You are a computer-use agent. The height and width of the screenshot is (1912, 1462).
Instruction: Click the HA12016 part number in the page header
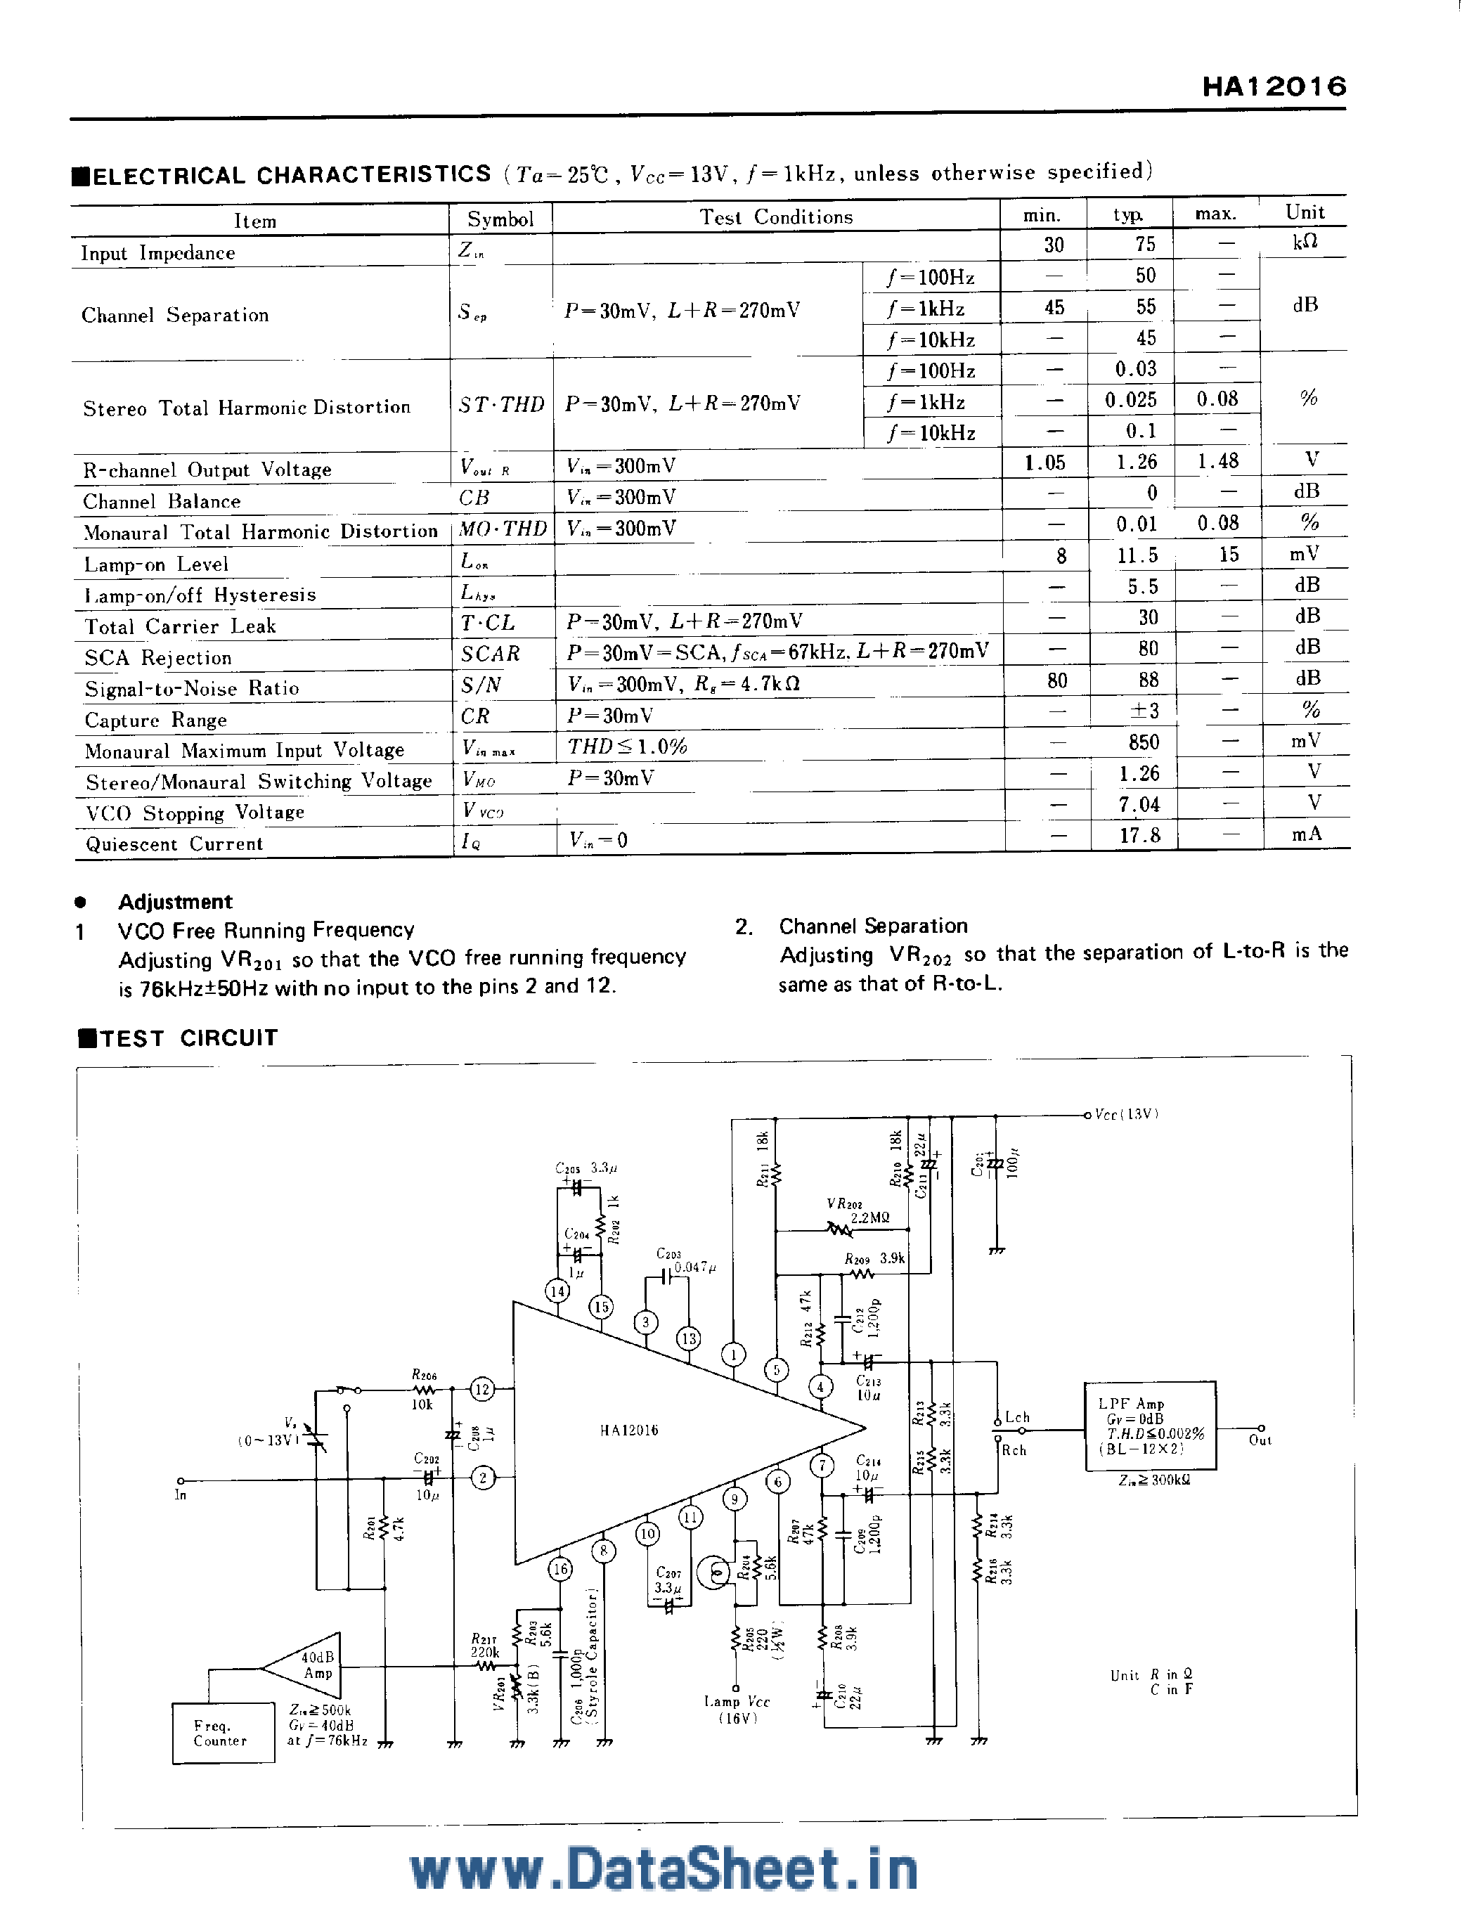click(x=1274, y=86)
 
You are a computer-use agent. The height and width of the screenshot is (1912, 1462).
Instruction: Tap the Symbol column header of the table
click(x=500, y=219)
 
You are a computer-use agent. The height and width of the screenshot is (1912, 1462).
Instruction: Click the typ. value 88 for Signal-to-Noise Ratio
click(x=1148, y=680)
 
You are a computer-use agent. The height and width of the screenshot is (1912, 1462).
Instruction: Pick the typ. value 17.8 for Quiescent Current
click(x=1139, y=836)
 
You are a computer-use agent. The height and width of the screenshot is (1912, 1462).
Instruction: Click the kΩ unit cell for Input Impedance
click(x=1305, y=242)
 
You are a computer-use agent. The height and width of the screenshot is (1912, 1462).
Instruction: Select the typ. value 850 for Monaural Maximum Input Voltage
click(x=1144, y=742)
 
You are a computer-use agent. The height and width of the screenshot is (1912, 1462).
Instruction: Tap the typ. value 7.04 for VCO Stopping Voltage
click(x=1139, y=805)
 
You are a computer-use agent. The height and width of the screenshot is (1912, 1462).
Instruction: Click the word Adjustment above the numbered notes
click(x=175, y=902)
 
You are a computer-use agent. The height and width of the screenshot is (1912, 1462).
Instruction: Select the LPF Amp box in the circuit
click(x=1150, y=1426)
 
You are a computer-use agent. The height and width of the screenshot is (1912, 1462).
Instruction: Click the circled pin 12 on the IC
click(x=482, y=1389)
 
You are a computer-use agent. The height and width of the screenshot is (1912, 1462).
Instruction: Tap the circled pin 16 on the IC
click(x=560, y=1568)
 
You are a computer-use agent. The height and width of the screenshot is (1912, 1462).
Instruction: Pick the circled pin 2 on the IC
click(x=483, y=1477)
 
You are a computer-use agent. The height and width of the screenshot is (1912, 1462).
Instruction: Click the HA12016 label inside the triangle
click(x=628, y=1430)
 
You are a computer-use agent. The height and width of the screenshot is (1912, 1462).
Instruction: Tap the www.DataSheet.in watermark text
click(x=664, y=1871)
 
